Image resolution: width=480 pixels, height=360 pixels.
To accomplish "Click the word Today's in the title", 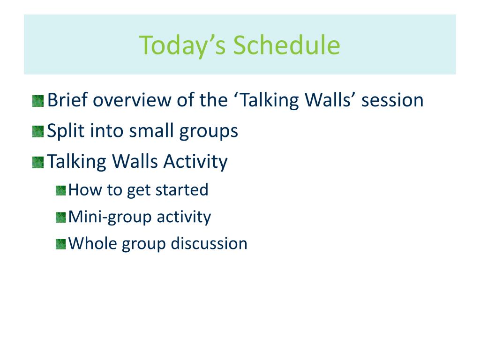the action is [x=182, y=45].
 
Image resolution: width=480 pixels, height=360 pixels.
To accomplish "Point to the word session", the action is [x=392, y=100].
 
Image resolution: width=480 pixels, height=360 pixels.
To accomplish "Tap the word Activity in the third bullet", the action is [x=195, y=162].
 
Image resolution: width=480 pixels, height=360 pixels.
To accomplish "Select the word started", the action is [x=182, y=190].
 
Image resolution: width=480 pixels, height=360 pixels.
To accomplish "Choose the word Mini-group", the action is [x=110, y=217].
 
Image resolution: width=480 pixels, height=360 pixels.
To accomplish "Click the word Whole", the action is [x=93, y=243].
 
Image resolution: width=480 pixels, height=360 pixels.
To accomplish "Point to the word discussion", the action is [x=209, y=244].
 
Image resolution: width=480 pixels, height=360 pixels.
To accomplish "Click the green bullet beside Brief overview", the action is [x=38, y=101].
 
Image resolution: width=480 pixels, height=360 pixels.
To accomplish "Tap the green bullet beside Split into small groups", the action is [x=38, y=132].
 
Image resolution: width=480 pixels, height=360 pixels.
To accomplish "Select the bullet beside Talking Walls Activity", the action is [x=38, y=163].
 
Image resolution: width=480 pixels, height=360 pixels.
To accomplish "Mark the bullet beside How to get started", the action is [x=60, y=190].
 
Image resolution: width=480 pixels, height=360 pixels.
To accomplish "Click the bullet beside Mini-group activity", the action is [x=60, y=217].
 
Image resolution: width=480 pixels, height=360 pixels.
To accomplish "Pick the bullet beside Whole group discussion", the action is [x=60, y=244].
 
